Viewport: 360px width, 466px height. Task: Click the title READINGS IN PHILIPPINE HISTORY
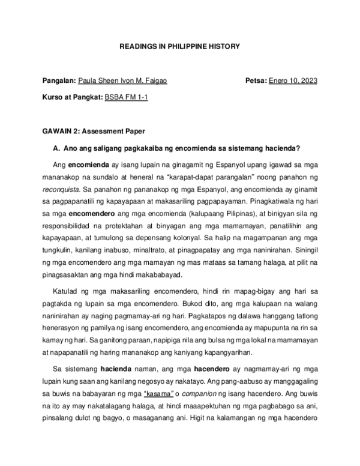coord(180,46)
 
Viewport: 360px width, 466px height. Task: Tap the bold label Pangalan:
coord(59,81)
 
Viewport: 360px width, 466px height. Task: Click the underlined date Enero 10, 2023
coord(293,81)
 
